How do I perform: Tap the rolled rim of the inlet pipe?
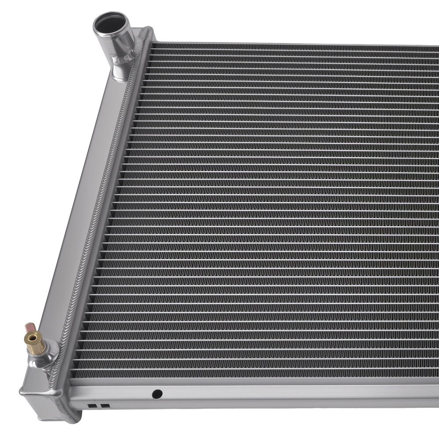click(97, 29)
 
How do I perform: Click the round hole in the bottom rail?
click(157, 394)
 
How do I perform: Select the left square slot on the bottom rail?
click(92, 406)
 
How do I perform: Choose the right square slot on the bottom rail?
click(105, 406)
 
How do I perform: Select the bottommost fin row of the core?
click(263, 374)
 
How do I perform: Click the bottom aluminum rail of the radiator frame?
click(263, 395)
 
